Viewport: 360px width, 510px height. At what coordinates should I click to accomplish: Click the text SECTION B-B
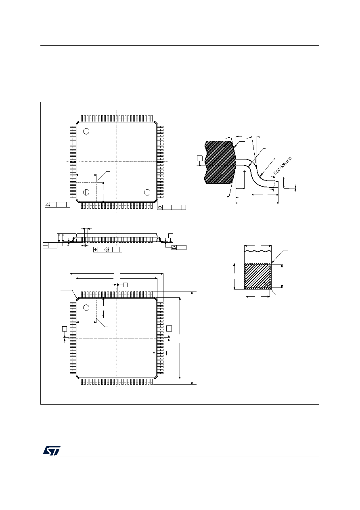coord(283,166)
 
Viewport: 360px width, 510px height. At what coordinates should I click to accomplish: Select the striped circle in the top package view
coord(86,192)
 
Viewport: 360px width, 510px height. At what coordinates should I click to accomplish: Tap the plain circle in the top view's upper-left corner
coord(86,131)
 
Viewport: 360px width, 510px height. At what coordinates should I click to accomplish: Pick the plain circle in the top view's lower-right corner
coord(147,192)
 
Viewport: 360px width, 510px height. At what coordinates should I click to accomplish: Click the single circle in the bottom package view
coord(86,308)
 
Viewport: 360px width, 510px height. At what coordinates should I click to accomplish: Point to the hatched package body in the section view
coord(220,162)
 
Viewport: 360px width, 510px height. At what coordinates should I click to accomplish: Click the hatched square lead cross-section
coord(258,276)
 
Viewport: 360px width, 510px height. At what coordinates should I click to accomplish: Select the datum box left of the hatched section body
coord(199,158)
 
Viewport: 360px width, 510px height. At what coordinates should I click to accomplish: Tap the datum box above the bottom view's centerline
coord(125,285)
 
